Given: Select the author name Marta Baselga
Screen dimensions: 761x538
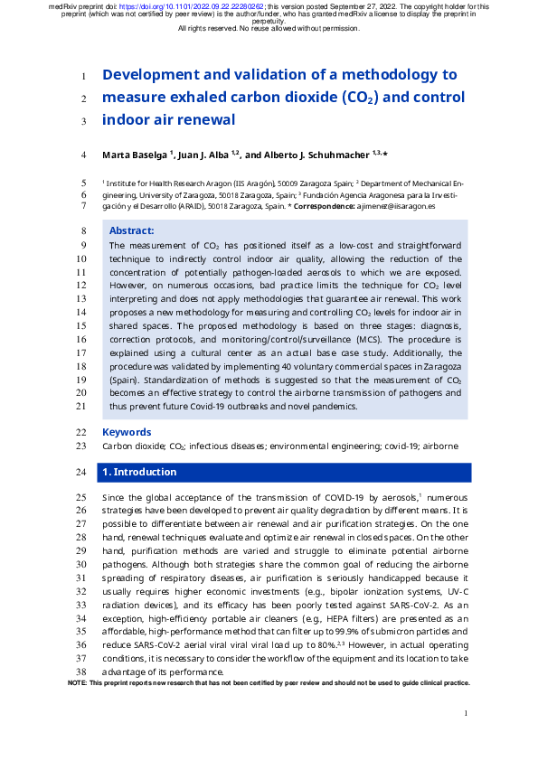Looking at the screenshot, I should click(134, 155).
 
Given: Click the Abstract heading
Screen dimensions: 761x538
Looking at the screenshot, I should click(131, 231).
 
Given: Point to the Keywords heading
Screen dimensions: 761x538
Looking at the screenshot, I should click(127, 432).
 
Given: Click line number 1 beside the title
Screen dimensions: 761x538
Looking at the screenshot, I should click(82, 76).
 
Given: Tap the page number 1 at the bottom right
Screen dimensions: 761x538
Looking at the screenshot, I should click(465, 714).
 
